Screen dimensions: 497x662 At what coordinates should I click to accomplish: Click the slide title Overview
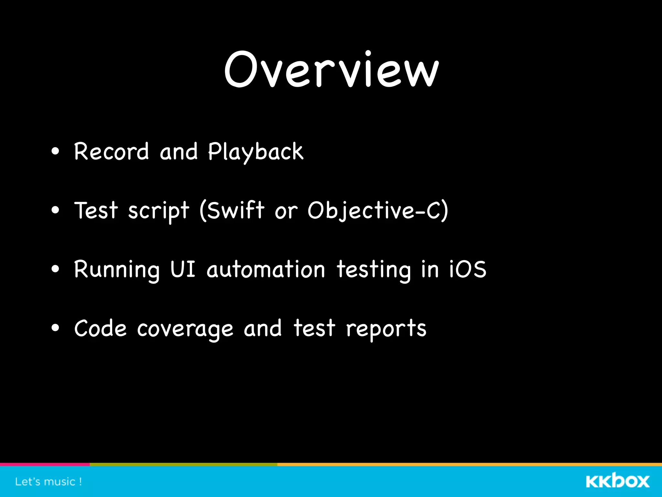tap(331, 70)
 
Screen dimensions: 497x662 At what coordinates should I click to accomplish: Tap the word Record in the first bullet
tap(111, 151)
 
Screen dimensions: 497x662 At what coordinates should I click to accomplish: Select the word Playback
tap(255, 151)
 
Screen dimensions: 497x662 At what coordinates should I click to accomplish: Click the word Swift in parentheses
tap(235, 210)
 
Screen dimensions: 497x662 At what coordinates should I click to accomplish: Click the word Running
tap(117, 270)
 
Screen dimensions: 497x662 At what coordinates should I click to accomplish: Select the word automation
tap(266, 270)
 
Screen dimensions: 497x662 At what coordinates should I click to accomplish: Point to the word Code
tap(100, 328)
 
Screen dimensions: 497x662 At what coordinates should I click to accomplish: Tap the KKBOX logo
tap(617, 481)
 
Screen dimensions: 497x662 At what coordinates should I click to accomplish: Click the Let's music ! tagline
tap(48, 482)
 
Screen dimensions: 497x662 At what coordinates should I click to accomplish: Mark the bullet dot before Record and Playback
tap(55, 151)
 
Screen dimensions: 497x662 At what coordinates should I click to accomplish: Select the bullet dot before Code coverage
tap(55, 328)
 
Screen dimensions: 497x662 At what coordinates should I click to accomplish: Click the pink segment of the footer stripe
tap(45, 464)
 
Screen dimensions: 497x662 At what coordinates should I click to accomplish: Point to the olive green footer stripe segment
tap(183, 464)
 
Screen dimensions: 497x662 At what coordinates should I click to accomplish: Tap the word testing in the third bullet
tap(374, 270)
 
